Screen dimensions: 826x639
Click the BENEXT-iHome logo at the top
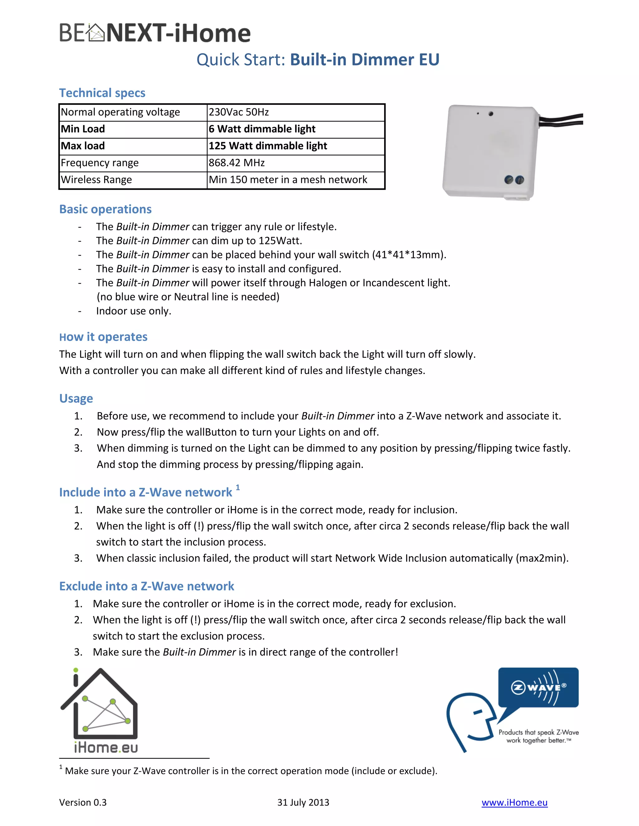(155, 33)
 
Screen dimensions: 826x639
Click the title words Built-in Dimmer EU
(364, 60)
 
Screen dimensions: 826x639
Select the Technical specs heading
(102, 93)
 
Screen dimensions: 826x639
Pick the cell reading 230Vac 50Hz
(239, 112)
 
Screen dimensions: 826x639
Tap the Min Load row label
(83, 129)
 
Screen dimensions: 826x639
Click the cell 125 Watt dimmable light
(268, 146)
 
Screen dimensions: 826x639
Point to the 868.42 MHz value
(237, 163)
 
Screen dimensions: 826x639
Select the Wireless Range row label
(96, 180)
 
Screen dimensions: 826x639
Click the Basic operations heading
(105, 209)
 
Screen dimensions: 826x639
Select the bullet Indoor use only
(134, 311)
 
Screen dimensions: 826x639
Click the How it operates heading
(103, 337)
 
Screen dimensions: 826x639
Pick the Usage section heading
(76, 399)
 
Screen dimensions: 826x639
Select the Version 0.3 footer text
(83, 803)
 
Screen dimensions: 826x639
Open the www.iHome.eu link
(514, 803)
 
